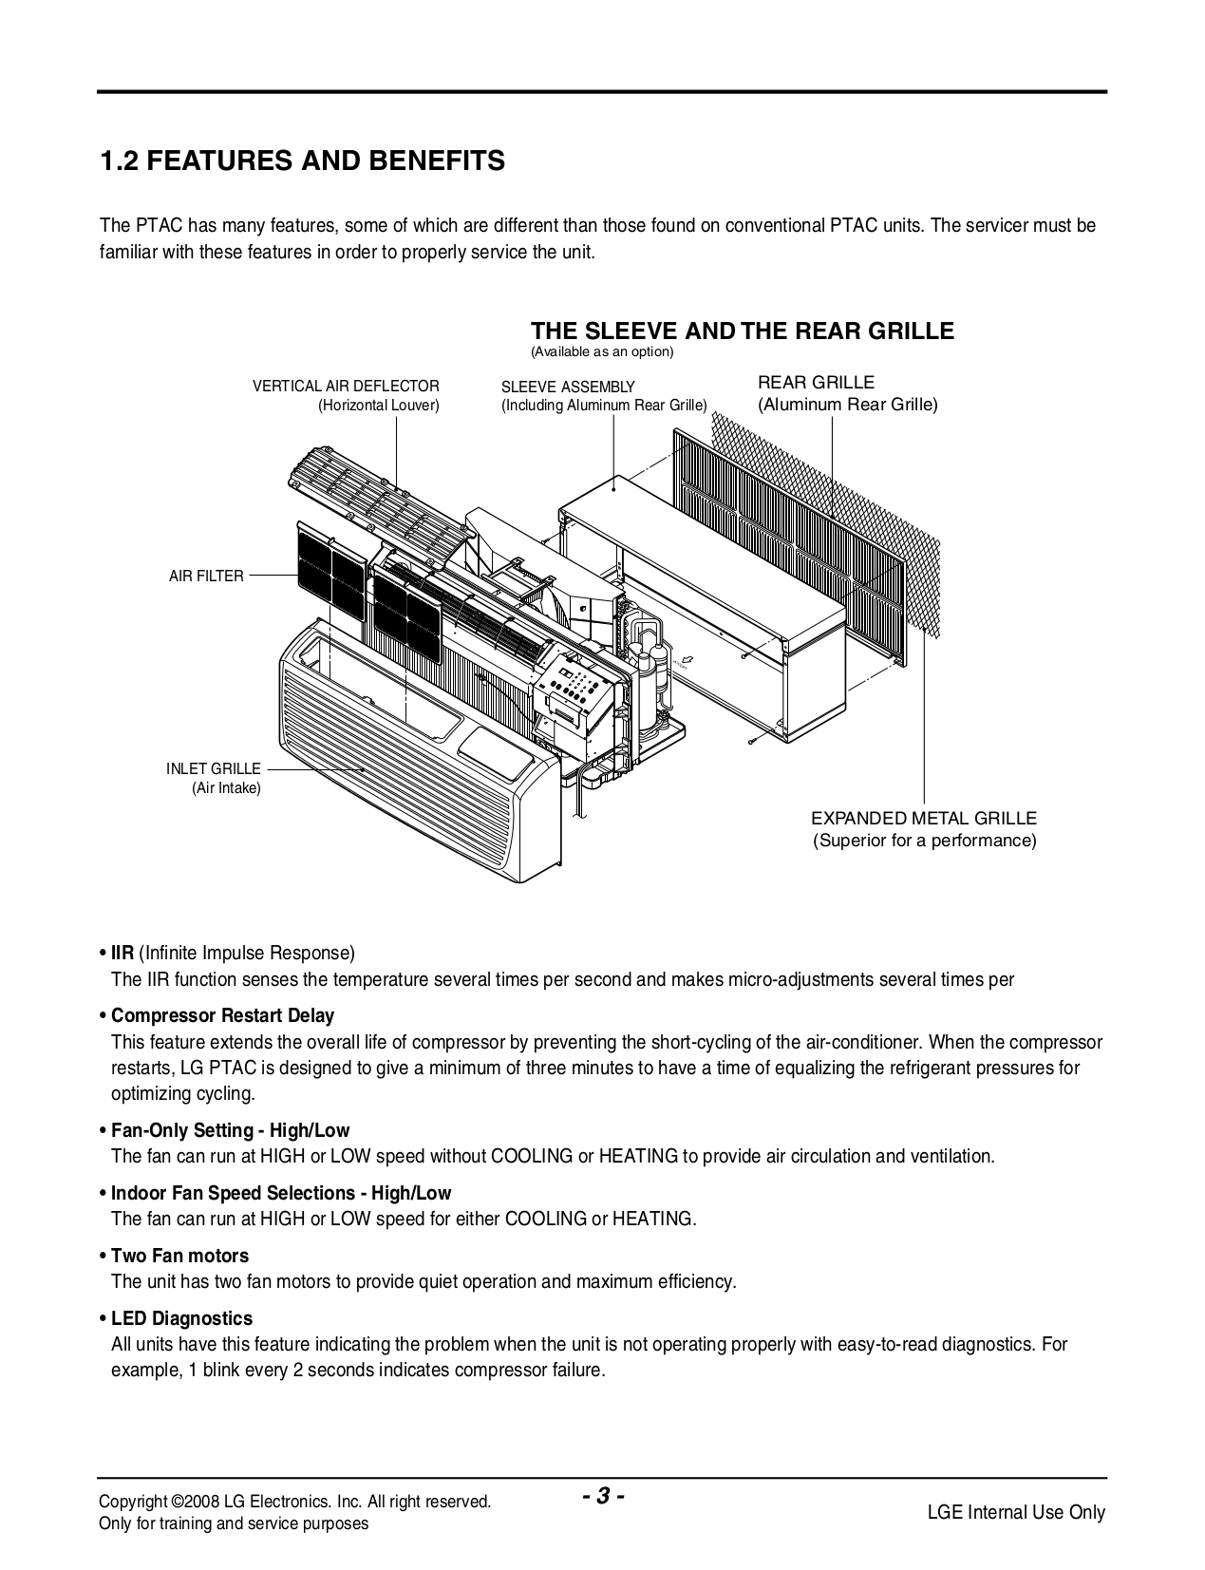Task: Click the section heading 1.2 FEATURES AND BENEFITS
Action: click(303, 161)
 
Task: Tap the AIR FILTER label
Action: click(206, 576)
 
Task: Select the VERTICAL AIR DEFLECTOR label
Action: click(346, 387)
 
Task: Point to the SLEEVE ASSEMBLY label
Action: click(568, 387)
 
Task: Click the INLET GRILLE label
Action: click(213, 768)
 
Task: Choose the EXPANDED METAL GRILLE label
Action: click(924, 818)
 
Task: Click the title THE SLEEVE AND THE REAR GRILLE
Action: click(742, 331)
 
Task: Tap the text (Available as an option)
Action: click(601, 352)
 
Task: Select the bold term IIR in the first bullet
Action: click(122, 953)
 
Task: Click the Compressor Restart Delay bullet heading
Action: click(222, 1015)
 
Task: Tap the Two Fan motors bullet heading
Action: click(179, 1256)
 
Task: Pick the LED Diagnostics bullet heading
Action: click(181, 1318)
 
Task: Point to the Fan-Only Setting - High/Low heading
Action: click(230, 1130)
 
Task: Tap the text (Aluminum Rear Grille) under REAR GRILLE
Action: click(847, 405)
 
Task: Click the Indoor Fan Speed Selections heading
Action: click(281, 1193)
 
